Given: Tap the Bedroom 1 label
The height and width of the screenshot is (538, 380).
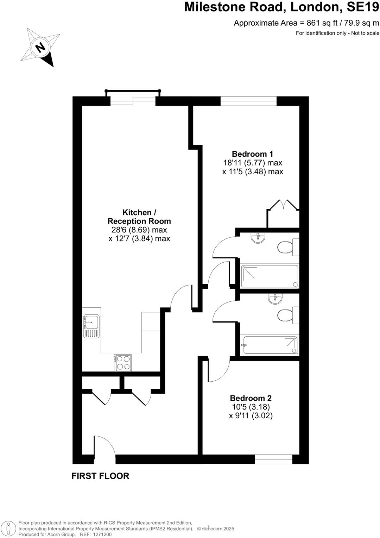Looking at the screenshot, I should click(x=252, y=154).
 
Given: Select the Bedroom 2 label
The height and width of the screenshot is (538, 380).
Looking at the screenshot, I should click(x=251, y=398).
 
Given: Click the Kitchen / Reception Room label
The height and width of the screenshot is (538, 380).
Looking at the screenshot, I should click(x=139, y=217).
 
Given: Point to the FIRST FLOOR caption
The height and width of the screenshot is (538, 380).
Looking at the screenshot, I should click(x=100, y=476).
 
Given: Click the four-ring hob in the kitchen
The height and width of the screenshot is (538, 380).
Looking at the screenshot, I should click(x=123, y=363).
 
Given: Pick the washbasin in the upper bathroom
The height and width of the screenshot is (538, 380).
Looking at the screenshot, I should click(x=258, y=238).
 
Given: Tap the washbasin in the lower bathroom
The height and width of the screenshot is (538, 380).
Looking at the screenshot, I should click(x=274, y=299).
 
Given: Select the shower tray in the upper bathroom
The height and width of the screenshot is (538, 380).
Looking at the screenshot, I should click(x=270, y=276).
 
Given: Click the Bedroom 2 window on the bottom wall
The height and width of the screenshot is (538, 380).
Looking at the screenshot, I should click(x=273, y=459).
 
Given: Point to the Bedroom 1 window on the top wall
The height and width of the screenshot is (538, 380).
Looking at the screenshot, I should click(x=248, y=101).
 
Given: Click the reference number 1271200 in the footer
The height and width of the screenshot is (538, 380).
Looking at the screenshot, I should click(x=102, y=534).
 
